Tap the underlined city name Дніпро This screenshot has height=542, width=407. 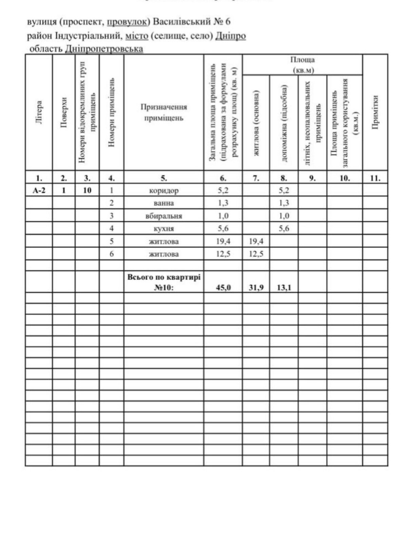pos(230,36)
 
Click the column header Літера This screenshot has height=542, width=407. pos(39,112)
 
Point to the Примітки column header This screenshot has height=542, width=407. pos(375,112)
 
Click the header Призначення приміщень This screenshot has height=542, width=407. pos(164,112)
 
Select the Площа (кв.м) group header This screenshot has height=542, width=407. pos(303,65)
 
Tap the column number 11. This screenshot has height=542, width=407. pos(375,178)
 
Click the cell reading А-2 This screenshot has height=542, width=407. pos(39,190)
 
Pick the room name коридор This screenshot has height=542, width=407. pos(164,191)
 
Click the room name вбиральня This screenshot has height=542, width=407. pos(164,216)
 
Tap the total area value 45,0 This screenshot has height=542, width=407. pos(223,288)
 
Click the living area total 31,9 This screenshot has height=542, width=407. pos(256,288)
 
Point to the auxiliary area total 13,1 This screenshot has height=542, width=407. pos(284,288)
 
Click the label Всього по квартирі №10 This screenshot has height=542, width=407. pos(164,283)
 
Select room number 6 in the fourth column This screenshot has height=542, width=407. pos(112,254)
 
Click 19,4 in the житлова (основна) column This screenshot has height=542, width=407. pos(256,242)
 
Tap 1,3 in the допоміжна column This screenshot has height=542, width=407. pos(284,203)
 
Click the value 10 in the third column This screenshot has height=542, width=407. pos(87,190)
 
